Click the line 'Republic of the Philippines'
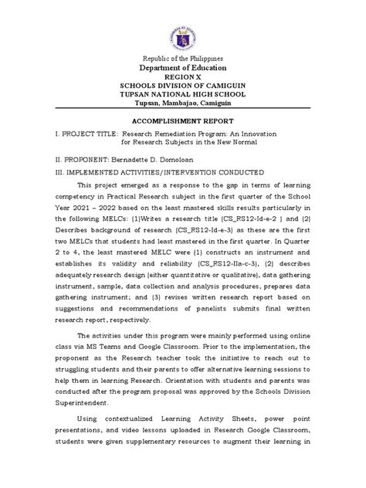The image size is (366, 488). pyautogui.click(x=183, y=59)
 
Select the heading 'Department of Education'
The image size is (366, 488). pyautogui.click(x=183, y=69)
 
